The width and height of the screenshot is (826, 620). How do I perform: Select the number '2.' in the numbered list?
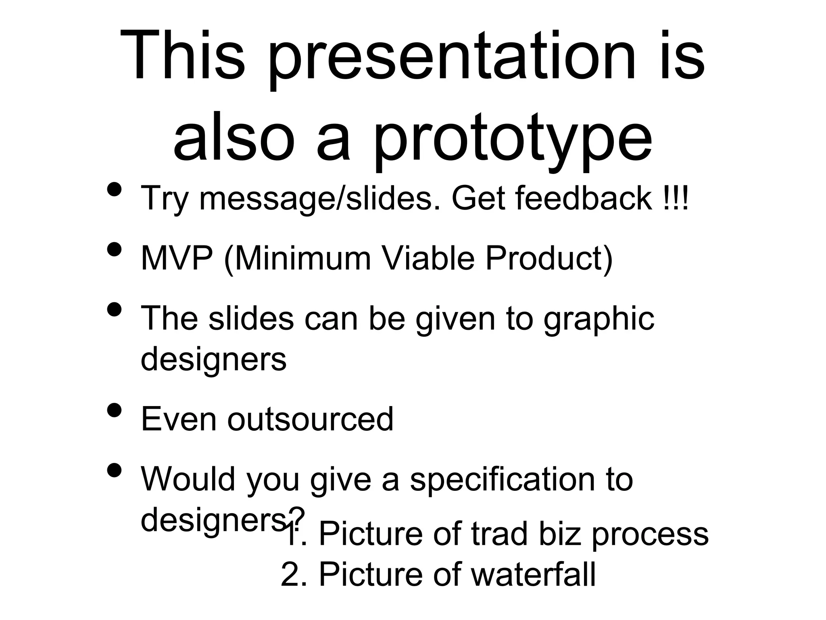click(294, 574)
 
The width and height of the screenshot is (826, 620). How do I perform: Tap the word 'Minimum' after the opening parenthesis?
click(302, 258)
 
